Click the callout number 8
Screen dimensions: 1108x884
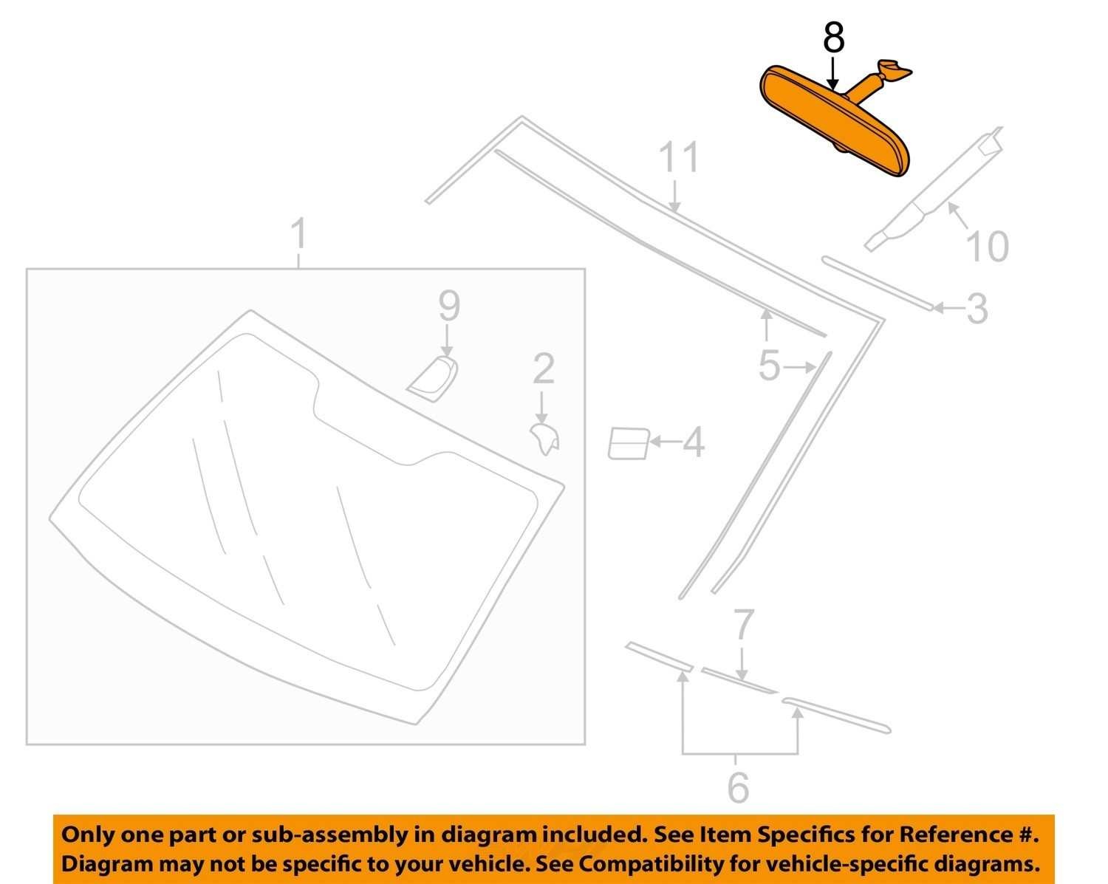[833, 37]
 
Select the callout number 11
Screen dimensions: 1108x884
[679, 157]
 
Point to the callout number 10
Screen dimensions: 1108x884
[988, 246]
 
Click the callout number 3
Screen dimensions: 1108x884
[977, 309]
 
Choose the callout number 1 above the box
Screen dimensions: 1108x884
[299, 234]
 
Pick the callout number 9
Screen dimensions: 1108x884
[449, 306]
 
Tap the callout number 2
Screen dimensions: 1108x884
[544, 368]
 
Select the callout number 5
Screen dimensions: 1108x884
[769, 365]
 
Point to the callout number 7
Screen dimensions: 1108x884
[744, 624]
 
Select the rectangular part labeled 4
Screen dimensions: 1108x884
[628, 443]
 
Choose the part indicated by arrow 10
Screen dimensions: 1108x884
[934, 189]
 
